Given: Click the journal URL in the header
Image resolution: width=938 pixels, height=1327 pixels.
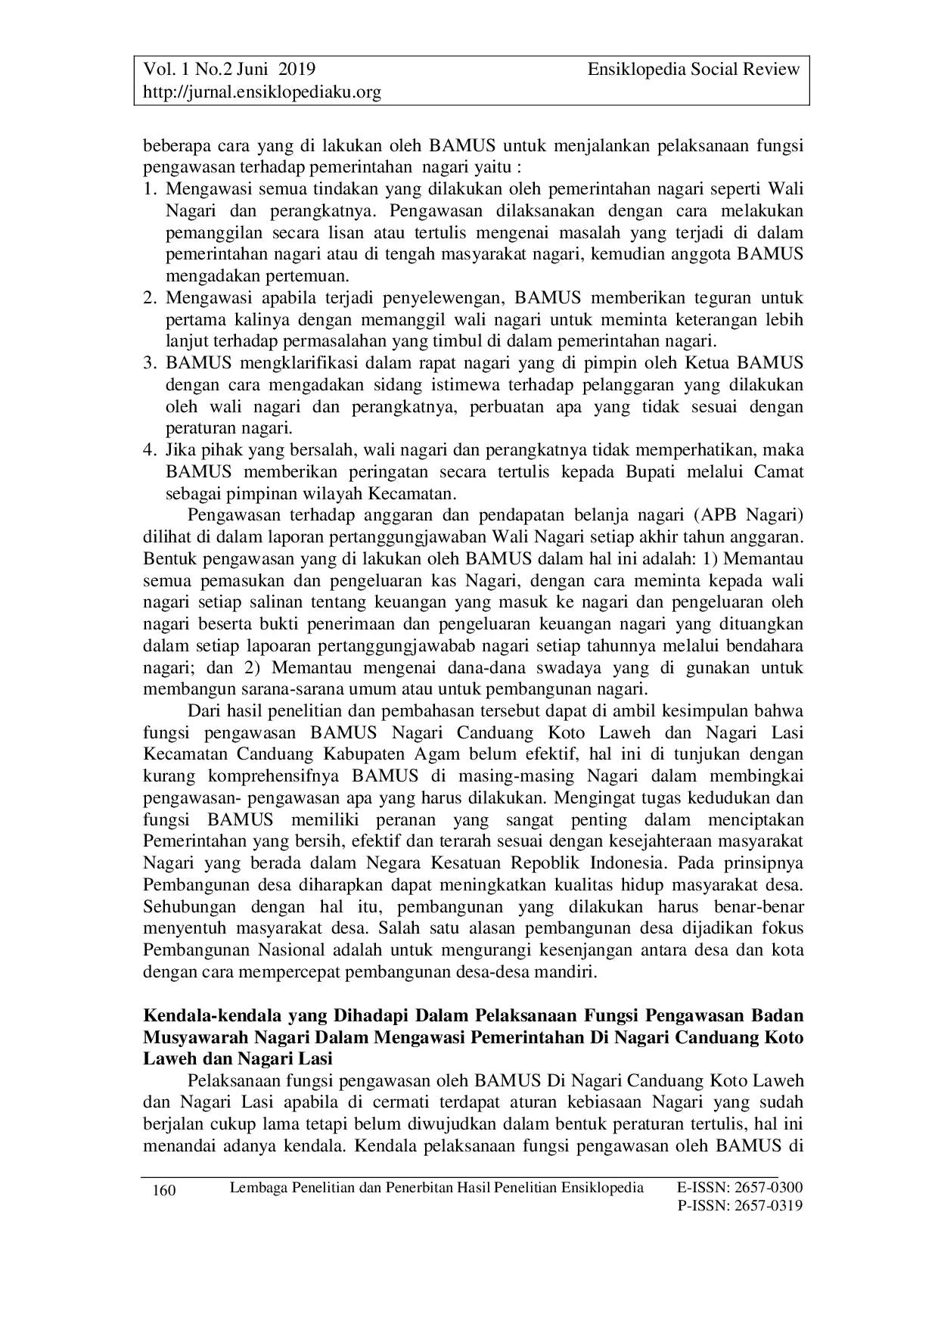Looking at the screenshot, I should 262,92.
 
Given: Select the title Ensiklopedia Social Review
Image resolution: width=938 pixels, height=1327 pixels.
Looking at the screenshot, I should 693,70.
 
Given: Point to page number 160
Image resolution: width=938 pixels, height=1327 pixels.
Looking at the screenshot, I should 164,1191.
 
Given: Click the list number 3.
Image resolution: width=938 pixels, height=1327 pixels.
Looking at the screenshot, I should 149,364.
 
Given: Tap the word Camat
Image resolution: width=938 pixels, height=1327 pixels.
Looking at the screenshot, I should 778,473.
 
